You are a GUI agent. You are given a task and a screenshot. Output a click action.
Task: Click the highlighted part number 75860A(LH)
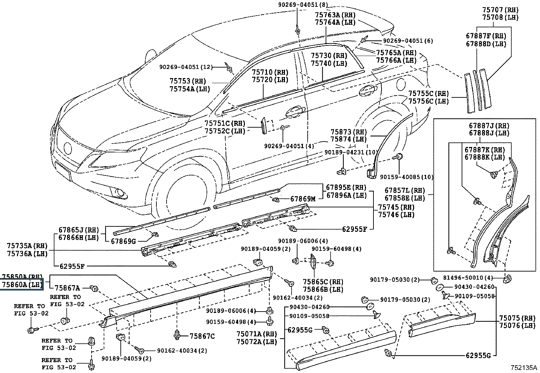22,284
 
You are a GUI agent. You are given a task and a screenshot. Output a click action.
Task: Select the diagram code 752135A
524,368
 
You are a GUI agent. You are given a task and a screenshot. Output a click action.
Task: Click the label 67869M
303,199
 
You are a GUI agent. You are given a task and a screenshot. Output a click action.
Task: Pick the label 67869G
123,241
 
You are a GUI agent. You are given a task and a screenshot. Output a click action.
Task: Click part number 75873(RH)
348,132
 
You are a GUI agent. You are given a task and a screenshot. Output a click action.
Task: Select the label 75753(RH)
188,81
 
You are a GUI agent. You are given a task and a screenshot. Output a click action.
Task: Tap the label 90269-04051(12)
186,67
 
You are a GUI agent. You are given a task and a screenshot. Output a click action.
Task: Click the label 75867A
67,288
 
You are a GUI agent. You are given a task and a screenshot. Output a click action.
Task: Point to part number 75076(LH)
517,326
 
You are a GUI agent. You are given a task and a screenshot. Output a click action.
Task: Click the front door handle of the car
295,113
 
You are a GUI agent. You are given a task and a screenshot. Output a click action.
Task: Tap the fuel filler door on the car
401,83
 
